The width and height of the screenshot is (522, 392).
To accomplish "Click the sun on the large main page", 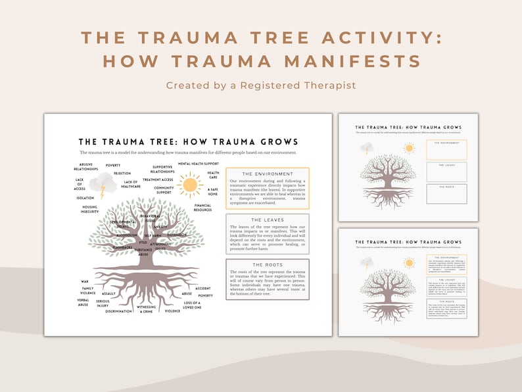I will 190,184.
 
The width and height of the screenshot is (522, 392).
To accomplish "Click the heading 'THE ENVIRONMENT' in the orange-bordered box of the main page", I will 267,174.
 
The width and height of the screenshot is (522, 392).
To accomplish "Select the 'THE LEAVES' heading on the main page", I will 267,220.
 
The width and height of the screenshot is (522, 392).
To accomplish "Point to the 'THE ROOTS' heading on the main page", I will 267,266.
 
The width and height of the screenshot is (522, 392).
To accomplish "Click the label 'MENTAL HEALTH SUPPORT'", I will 198,163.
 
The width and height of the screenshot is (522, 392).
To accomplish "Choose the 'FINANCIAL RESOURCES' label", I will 202,208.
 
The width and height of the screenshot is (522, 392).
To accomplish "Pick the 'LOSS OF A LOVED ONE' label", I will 192,305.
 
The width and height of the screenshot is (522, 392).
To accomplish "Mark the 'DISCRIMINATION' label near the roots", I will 118,311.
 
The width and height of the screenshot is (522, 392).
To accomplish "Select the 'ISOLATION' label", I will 85,197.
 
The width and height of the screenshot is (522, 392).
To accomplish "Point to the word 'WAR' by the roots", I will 85,281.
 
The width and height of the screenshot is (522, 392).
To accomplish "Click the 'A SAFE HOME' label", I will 213,191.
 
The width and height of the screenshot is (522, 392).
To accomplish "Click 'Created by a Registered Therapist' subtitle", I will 260,85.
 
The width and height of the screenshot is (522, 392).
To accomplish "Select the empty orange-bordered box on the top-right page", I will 446,150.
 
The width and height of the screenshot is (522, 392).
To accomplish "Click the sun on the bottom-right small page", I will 410,262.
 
